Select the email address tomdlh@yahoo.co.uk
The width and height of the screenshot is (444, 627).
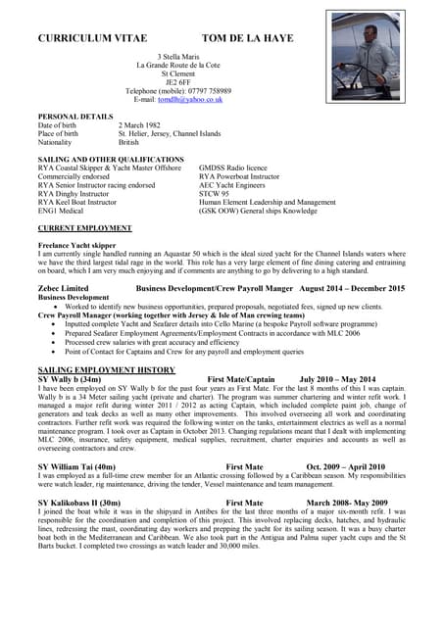point(200,99)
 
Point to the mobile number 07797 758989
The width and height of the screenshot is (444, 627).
point(231,90)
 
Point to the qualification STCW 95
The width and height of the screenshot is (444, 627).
point(215,194)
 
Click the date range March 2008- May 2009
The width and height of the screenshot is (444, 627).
point(347,502)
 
